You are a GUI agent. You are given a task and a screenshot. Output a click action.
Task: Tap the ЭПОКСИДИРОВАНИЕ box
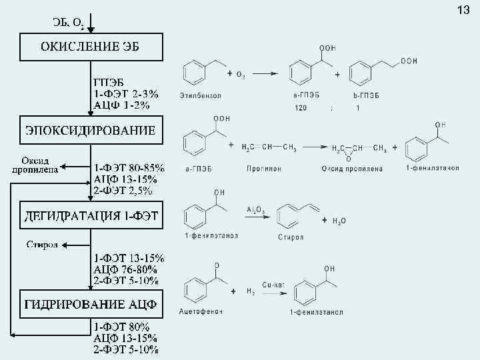90,130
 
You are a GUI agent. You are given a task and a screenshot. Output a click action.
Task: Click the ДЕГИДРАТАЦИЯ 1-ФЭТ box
91,215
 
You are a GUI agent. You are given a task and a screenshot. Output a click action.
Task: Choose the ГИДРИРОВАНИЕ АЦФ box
91,305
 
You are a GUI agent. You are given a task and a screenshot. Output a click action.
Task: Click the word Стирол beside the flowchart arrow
42,244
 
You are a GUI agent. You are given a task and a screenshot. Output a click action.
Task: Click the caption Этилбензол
200,95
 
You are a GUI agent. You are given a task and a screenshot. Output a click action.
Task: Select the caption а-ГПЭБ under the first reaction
306,95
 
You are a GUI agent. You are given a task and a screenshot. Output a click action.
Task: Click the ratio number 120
302,107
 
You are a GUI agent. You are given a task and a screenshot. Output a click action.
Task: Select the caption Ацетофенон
201,311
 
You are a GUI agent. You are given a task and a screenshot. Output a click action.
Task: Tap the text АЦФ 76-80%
125,269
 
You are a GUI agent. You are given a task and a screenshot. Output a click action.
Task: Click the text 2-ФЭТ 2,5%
123,191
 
